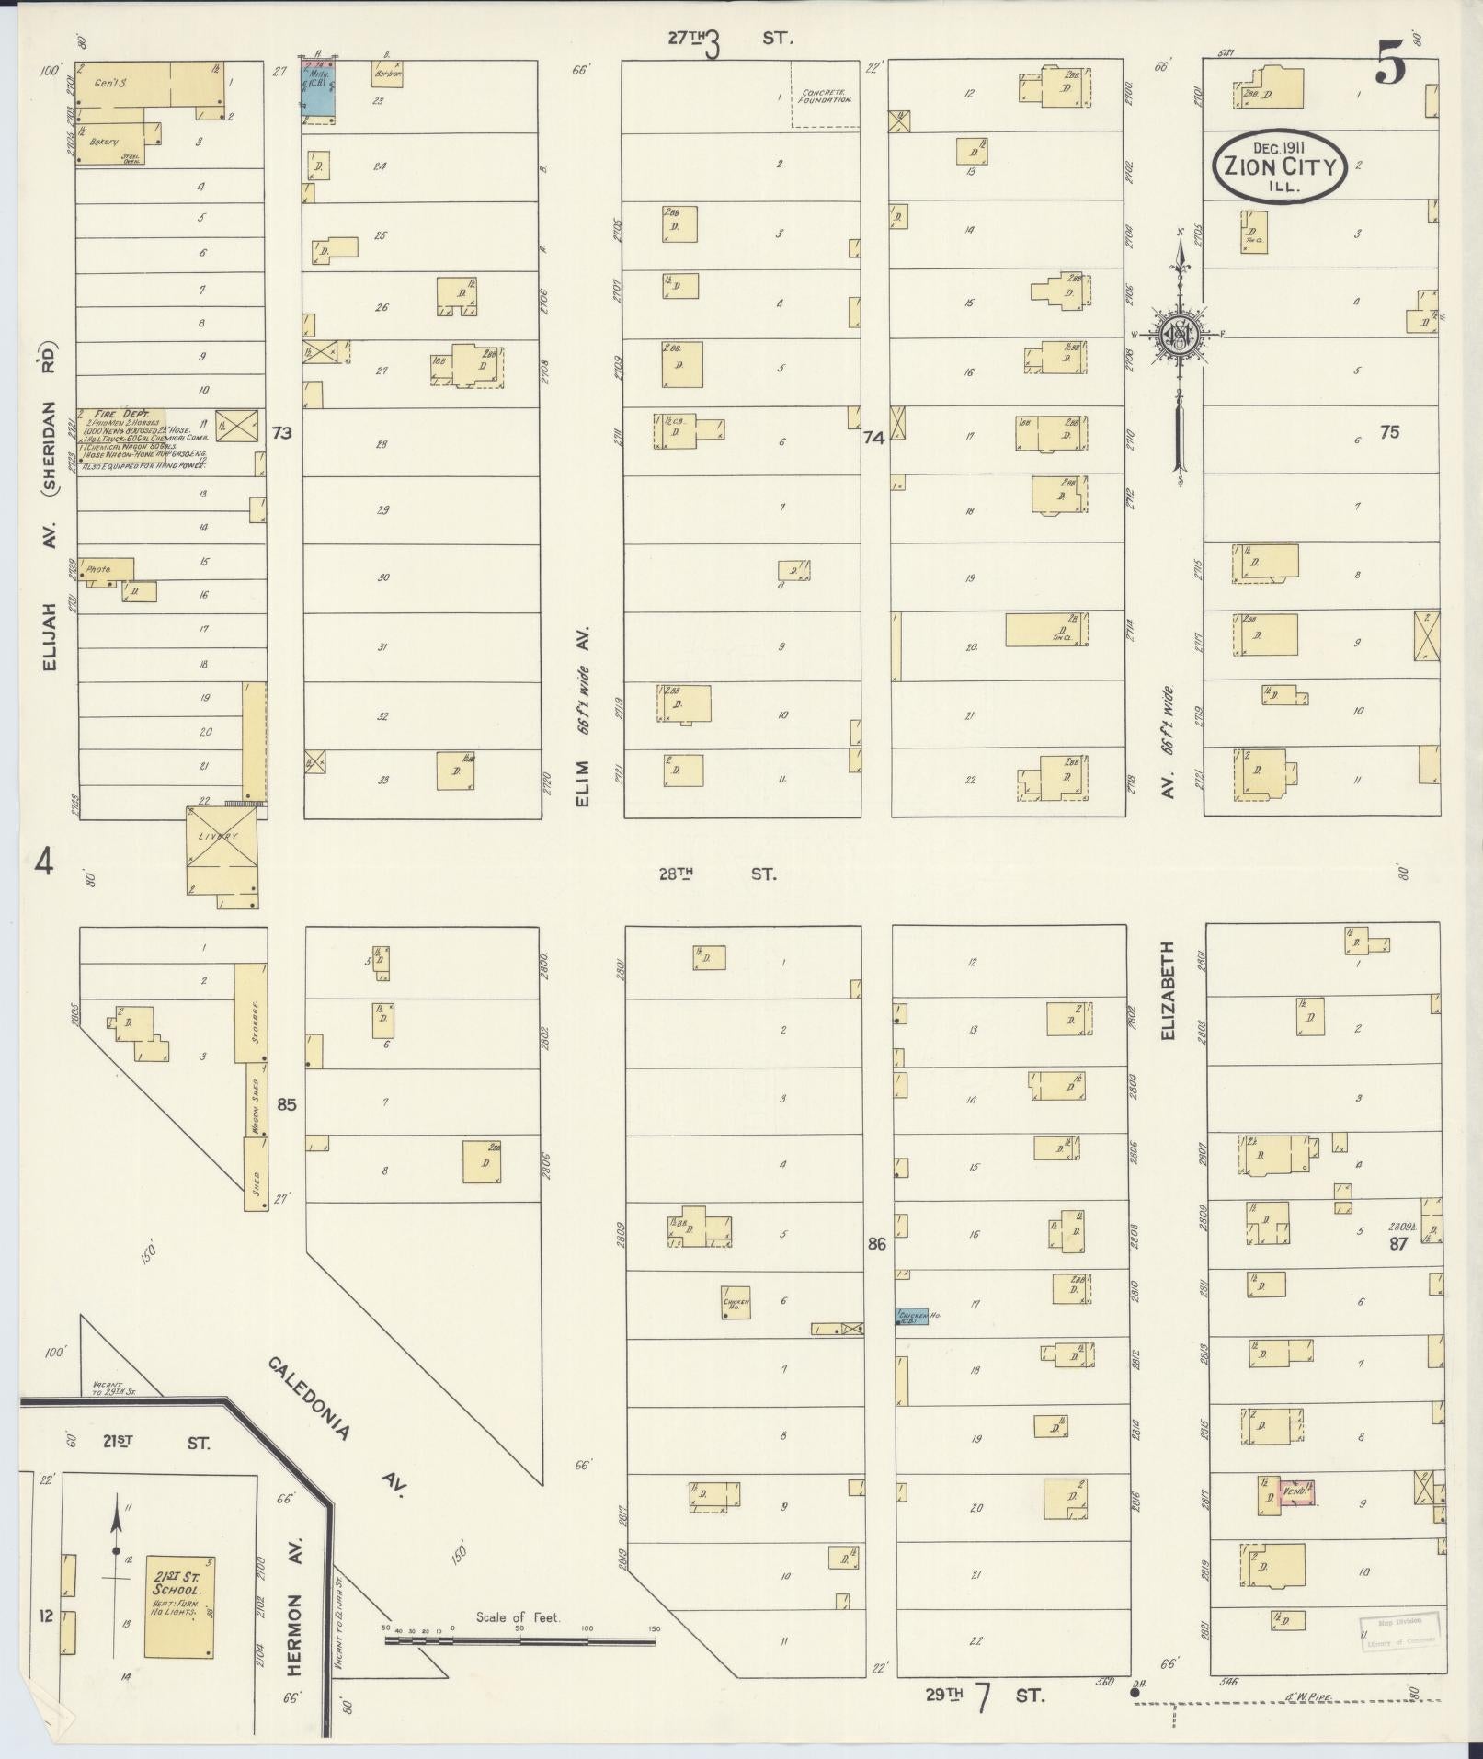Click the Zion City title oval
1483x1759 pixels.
click(x=1279, y=166)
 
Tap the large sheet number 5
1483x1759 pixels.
click(x=1391, y=66)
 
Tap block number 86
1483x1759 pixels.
click(x=876, y=1244)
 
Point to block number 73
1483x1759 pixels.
click(x=281, y=432)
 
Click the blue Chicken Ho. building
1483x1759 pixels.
click(x=912, y=1317)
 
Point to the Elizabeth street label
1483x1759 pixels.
click(x=1169, y=990)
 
